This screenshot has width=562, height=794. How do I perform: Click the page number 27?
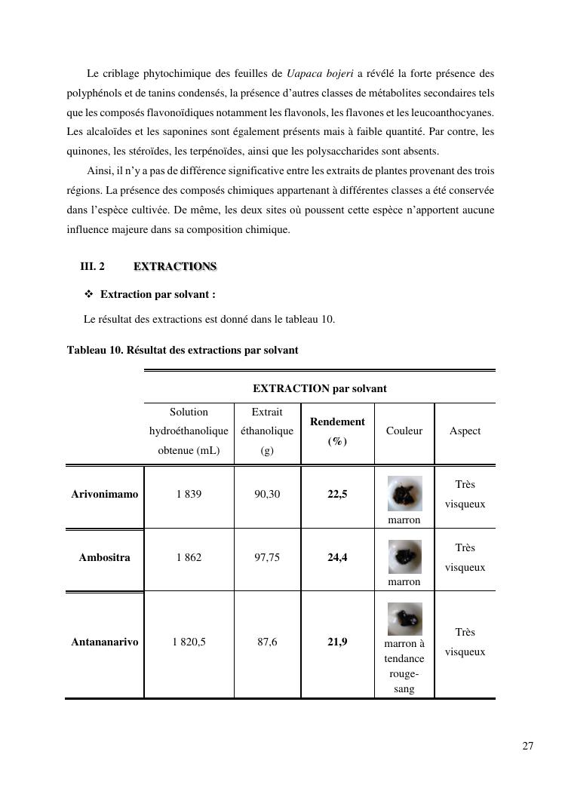point(527,746)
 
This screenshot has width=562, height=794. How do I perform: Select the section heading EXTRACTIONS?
point(175,267)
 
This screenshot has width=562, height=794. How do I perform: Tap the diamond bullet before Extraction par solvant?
point(88,293)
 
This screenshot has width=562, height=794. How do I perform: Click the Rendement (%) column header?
point(337,431)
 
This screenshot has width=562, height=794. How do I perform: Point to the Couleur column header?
point(404,431)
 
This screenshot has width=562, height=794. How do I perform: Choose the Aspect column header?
point(465,431)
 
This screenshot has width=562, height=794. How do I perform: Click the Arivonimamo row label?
point(105,495)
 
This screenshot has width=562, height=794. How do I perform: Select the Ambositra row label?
point(104,558)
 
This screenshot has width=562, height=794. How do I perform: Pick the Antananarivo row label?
point(105,642)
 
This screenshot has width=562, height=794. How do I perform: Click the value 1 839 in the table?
point(189,495)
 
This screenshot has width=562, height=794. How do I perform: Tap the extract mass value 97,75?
point(267,558)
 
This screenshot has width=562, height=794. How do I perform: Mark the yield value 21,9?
point(337,642)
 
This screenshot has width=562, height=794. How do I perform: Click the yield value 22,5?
point(337,495)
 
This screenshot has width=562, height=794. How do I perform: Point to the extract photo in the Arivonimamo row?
point(404,494)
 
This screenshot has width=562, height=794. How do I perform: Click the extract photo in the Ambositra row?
point(404,556)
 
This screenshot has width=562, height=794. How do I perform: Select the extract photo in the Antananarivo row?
point(404,618)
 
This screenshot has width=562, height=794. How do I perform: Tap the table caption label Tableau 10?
point(94,350)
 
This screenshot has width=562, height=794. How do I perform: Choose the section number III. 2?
point(92,267)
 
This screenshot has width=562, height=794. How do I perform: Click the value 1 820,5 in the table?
point(189,642)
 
